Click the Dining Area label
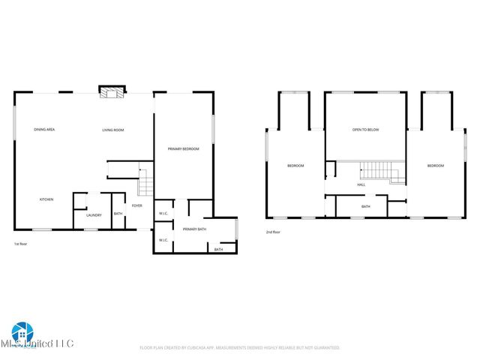point(44,130)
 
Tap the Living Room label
point(113,130)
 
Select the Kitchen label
point(46,199)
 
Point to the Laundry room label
point(94,215)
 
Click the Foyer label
point(137,205)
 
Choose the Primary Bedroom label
point(184,149)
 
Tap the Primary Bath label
point(194,229)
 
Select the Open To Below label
point(366,130)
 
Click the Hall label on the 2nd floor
point(361,184)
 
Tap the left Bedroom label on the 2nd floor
point(295,166)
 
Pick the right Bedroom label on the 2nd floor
point(436,166)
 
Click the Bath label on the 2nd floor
point(365,206)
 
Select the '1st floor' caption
point(22,244)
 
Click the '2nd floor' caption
point(274,232)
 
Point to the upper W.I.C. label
point(163,214)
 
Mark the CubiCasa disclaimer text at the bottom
point(240,348)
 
